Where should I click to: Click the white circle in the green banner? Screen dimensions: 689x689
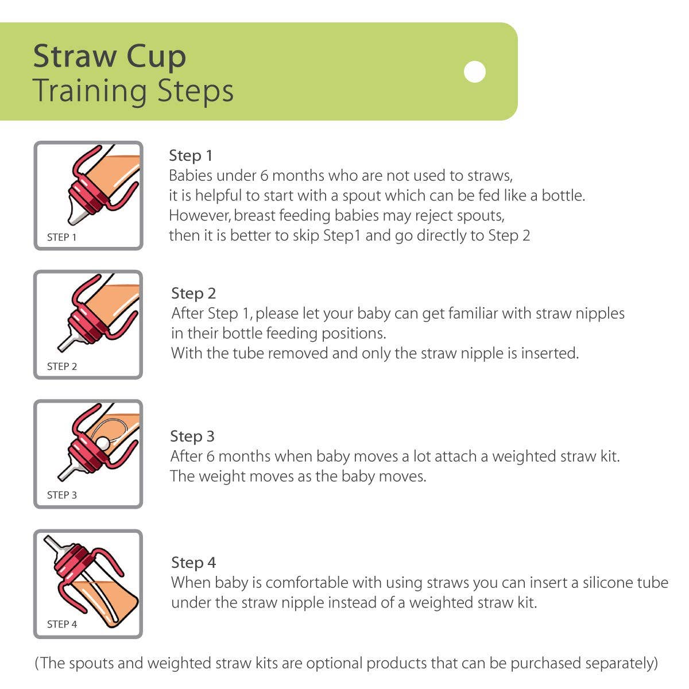click(475, 72)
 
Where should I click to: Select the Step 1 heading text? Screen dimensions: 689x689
click(191, 156)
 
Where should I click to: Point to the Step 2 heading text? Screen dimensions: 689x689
click(193, 293)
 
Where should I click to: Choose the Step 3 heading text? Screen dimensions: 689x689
click(192, 436)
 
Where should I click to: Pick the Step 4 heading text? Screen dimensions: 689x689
click(193, 563)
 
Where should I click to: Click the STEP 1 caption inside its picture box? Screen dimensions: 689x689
click(61, 237)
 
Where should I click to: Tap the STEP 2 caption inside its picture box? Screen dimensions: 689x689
click(61, 366)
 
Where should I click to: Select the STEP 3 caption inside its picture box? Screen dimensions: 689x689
click(61, 495)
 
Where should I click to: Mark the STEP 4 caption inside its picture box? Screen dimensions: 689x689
click(61, 624)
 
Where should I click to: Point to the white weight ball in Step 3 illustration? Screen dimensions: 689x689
click(102, 443)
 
